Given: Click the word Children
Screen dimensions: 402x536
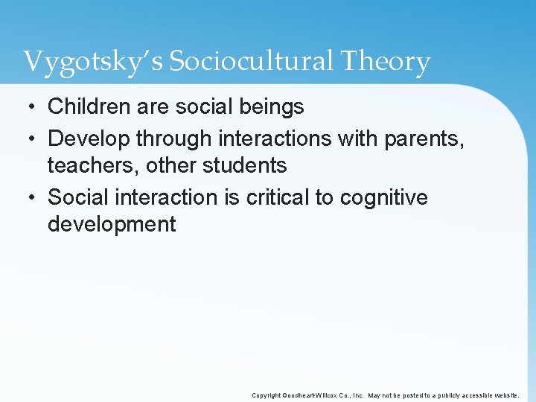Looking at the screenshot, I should (x=89, y=107).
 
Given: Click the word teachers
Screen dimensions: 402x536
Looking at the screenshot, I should (x=94, y=165).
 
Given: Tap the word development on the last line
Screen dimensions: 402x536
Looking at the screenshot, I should (x=112, y=225).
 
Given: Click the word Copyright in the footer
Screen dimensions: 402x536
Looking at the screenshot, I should (x=266, y=395).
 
